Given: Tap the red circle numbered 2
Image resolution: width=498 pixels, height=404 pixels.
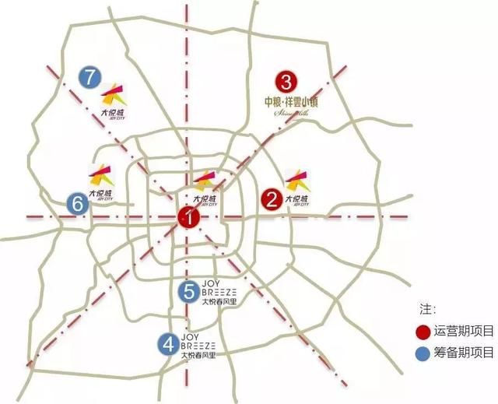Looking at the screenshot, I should coord(271,199).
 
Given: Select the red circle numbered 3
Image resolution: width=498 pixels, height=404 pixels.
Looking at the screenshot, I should coord(286,81).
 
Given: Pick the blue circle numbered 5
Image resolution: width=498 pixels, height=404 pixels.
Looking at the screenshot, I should coord(189,291).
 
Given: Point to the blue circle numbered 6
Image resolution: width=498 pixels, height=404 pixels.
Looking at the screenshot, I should coord(77,204).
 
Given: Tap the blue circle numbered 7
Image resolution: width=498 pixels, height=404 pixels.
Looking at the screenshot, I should coord(90,77).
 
